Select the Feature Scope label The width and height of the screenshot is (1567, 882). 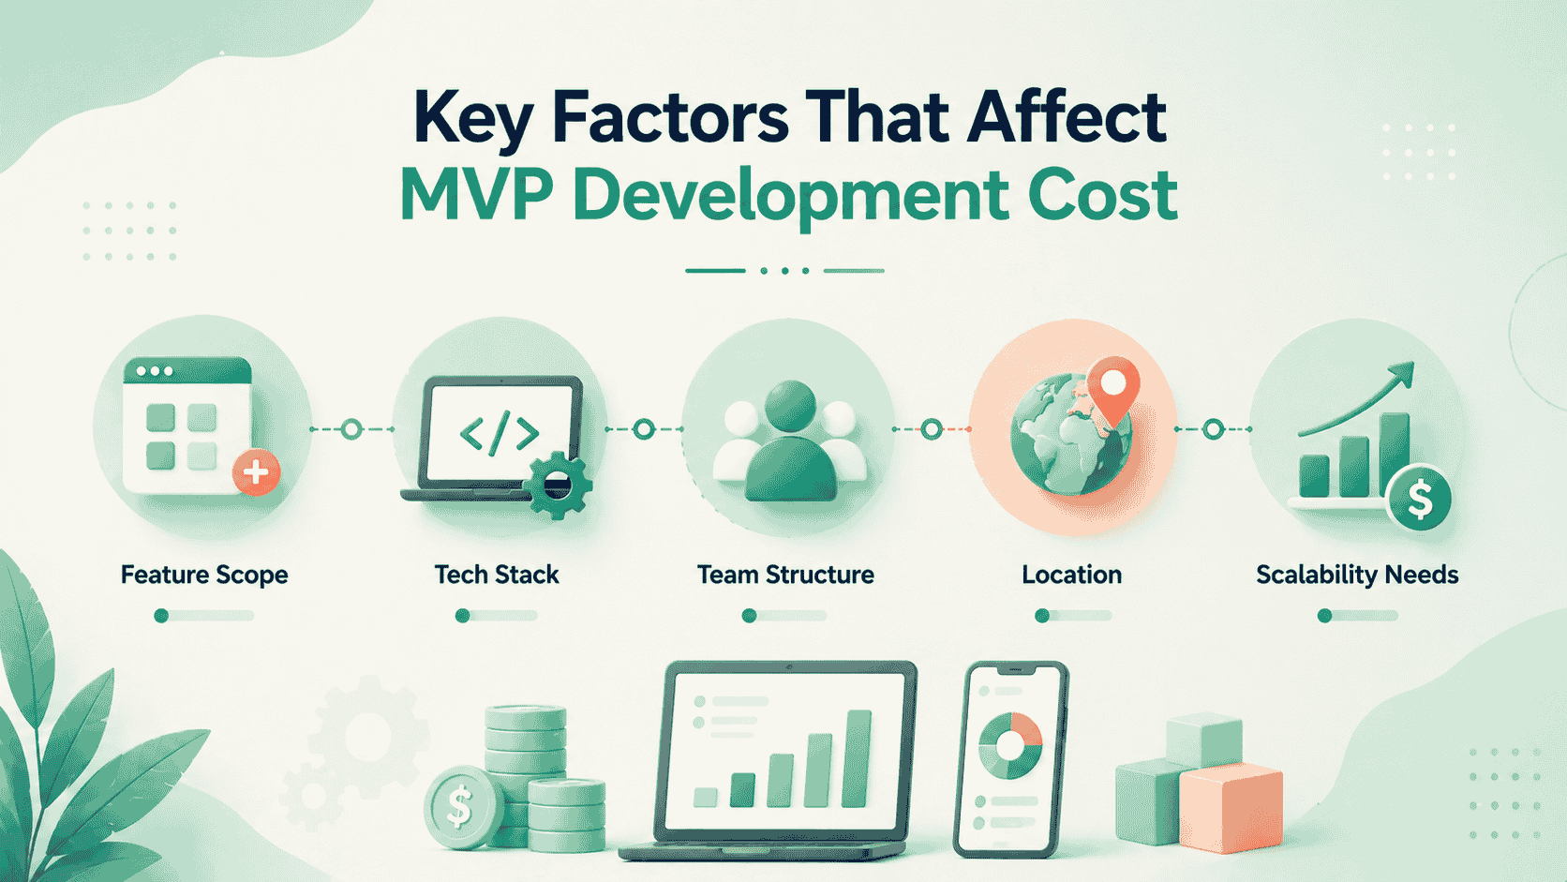(204, 575)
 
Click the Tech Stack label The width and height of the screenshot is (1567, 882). (497, 575)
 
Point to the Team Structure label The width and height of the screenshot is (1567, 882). (785, 575)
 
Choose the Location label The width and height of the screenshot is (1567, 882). (1071, 575)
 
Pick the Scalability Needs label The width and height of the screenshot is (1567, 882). (1357, 575)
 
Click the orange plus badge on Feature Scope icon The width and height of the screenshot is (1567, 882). (256, 472)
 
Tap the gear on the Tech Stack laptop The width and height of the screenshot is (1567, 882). (559, 485)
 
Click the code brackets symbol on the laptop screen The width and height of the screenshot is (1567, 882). (499, 433)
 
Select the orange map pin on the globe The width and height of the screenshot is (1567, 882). (1112, 387)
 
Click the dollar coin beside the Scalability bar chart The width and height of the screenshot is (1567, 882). (1420, 499)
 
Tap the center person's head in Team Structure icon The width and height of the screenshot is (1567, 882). (790, 405)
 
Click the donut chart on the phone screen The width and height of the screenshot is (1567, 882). (1010, 745)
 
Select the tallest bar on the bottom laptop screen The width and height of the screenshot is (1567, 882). (857, 758)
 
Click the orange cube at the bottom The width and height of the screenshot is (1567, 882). (1231, 808)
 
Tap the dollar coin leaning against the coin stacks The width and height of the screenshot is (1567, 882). (460, 807)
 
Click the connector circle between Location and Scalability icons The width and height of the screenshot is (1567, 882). (1213, 429)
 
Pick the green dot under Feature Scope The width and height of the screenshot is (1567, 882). (161, 616)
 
